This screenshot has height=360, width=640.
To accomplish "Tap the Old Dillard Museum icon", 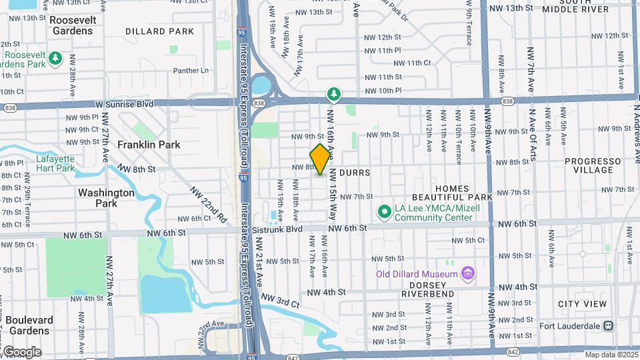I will coord(468,273).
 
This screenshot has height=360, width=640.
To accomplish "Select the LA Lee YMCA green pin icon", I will coord(384,212).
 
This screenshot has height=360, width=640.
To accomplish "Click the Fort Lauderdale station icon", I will coord(608,326).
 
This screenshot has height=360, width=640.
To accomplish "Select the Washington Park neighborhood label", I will coord(106,197).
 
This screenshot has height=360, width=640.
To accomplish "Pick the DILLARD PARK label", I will coord(159,31).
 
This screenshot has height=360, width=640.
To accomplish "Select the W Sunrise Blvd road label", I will coord(124,104).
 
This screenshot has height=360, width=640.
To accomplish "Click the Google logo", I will coord(21,351).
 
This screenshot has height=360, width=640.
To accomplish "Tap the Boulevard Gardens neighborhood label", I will coord(26,325).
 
